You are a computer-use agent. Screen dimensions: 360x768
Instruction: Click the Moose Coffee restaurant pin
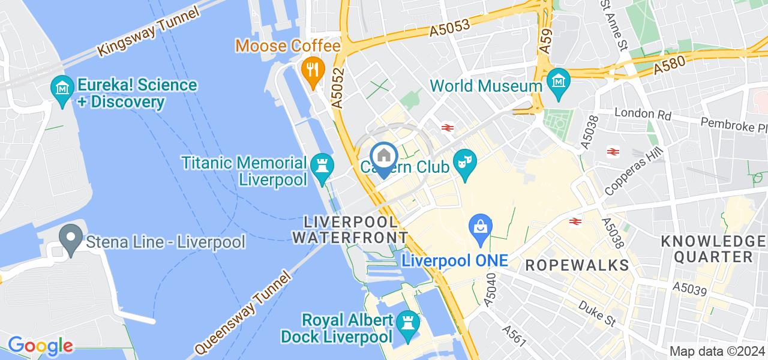(313, 69)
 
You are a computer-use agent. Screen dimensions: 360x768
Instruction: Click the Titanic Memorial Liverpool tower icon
(322, 164)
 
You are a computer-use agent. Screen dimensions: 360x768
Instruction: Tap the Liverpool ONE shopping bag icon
(482, 228)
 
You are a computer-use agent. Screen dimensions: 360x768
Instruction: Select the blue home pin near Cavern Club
(383, 156)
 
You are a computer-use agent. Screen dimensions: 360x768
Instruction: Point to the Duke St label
(598, 313)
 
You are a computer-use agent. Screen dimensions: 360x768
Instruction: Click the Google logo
(40, 346)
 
